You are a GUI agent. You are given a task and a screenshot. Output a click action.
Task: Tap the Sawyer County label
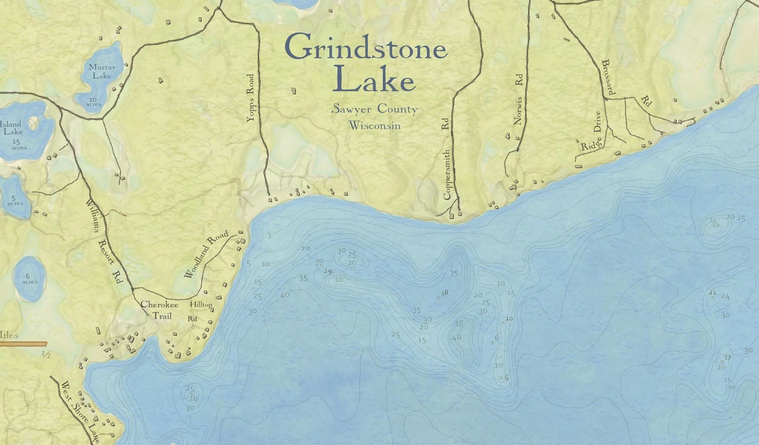374,109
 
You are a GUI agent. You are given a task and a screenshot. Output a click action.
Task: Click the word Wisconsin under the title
374,126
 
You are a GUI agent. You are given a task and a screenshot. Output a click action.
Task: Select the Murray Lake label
102,71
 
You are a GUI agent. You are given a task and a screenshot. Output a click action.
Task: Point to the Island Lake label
11,128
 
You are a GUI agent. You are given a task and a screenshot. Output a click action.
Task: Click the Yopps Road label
251,98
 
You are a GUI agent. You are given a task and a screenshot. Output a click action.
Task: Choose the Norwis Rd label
518,100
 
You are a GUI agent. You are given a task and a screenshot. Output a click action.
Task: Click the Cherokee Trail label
159,310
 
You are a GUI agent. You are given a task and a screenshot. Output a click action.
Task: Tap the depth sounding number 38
444,293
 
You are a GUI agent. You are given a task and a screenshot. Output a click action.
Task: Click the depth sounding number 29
327,271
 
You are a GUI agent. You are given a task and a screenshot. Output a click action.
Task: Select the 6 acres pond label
29,279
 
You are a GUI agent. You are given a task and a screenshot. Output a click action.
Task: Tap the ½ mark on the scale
46,355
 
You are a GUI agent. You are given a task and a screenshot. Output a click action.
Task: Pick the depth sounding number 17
728,358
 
